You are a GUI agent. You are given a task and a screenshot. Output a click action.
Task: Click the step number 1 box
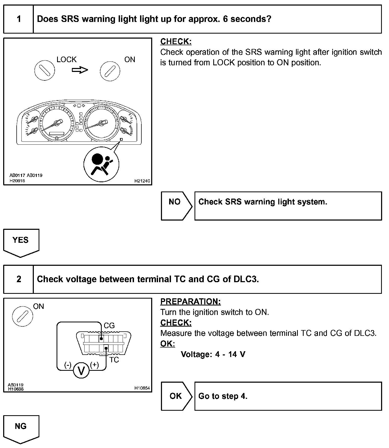click(x=18, y=19)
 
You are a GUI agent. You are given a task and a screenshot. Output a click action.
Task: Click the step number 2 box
click(x=18, y=279)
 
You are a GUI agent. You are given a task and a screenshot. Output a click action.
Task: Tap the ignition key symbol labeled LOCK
click(x=45, y=70)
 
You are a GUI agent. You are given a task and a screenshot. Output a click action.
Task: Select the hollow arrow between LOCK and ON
click(x=80, y=70)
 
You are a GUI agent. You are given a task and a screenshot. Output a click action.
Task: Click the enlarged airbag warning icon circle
click(x=101, y=164)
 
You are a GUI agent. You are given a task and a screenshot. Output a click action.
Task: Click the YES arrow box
click(x=21, y=242)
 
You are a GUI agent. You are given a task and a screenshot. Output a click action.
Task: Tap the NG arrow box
click(x=21, y=428)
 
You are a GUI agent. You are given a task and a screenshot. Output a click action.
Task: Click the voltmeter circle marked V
click(x=81, y=371)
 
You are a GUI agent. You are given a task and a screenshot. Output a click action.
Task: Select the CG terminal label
click(x=109, y=326)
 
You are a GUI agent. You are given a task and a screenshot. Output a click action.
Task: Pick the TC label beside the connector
click(x=114, y=360)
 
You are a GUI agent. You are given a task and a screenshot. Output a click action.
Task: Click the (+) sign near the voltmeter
click(x=94, y=365)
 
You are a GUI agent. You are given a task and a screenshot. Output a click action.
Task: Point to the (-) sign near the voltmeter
click(x=68, y=365)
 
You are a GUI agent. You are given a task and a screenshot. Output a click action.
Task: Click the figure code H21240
click(x=142, y=181)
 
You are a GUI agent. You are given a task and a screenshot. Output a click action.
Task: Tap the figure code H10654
click(x=142, y=388)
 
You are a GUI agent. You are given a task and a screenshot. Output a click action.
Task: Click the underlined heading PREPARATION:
click(x=191, y=301)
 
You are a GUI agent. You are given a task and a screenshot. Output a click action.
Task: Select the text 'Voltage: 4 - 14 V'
click(x=213, y=354)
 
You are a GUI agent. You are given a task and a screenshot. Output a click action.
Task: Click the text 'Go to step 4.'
click(x=223, y=396)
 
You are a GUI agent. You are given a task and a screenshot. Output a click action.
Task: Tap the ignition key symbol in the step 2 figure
click(x=22, y=316)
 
